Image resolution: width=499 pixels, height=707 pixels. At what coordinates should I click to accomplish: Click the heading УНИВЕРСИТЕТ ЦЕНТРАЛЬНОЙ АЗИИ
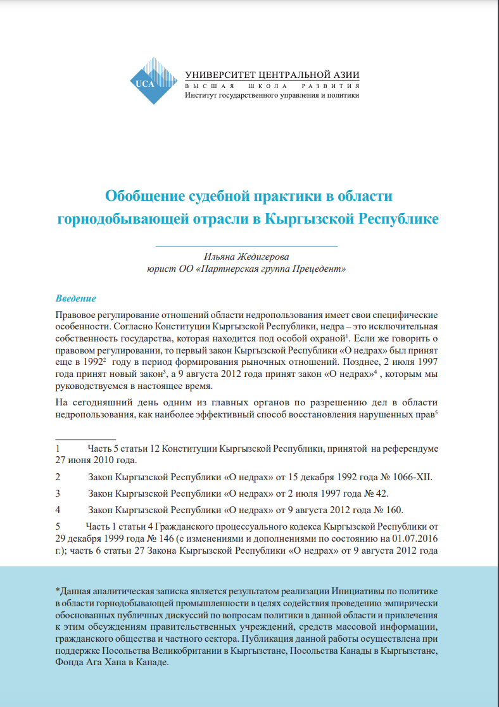tap(272, 73)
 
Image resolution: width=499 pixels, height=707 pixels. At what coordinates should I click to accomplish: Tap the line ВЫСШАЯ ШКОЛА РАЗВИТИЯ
tap(272, 86)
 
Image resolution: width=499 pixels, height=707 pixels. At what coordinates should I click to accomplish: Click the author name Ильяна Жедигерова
tap(246, 257)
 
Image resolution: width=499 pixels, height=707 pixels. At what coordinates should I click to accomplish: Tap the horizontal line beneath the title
tap(246, 245)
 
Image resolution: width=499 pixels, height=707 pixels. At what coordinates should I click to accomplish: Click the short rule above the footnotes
tap(85, 438)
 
